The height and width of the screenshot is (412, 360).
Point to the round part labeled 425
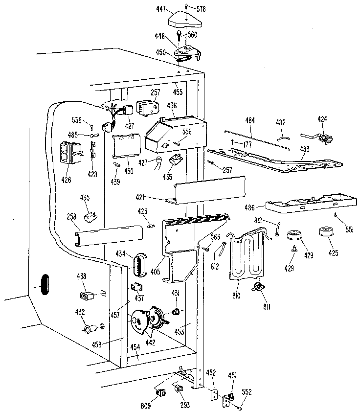tap(326, 231)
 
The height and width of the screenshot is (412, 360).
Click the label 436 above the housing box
tap(172, 106)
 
